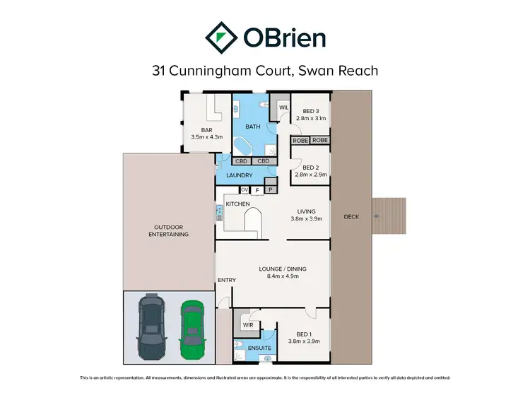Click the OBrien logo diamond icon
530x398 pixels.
click(220, 36)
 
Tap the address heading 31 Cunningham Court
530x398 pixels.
click(264, 71)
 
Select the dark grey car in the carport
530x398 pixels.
click(151, 327)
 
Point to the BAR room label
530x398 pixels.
click(206, 130)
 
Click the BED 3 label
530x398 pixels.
click(311, 111)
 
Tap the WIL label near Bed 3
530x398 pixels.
click(284, 108)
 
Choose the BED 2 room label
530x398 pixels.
click(312, 168)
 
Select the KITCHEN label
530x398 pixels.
click(238, 204)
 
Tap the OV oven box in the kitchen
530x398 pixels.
click(245, 190)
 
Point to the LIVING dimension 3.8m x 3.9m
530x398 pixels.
click(306, 219)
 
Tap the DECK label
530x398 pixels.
click(351, 216)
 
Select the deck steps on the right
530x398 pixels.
click(389, 216)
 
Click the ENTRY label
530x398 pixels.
click(227, 281)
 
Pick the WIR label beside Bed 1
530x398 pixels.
click(248, 324)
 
